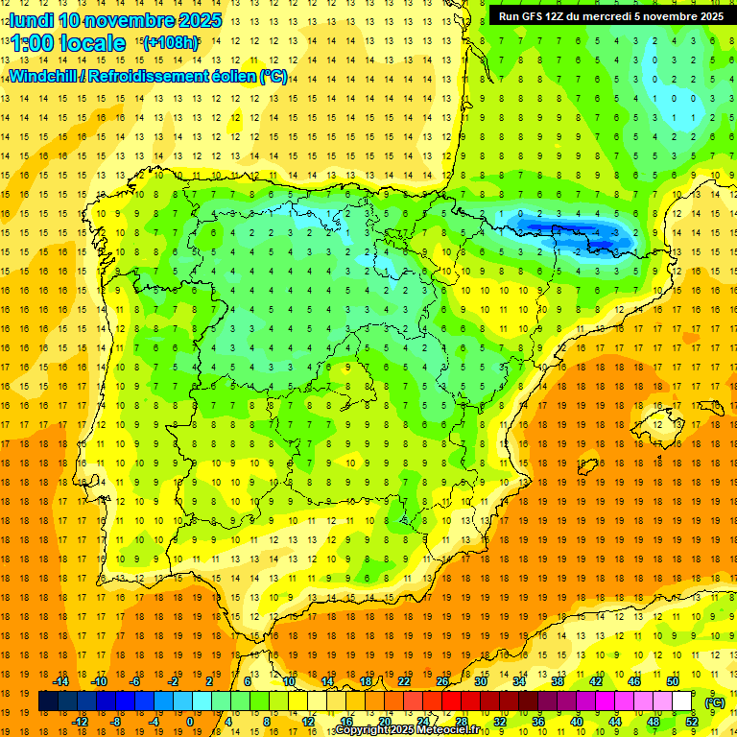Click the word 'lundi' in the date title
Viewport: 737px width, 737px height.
[x=31, y=20]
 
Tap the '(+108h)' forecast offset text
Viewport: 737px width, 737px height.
[x=170, y=42]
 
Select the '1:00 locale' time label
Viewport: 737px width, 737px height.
[x=68, y=43]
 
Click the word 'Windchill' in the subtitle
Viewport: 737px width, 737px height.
[x=42, y=76]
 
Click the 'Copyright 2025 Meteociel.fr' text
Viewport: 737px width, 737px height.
[x=407, y=730]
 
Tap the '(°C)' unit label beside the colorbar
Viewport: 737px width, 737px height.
[x=714, y=702]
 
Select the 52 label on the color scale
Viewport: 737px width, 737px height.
[x=692, y=722]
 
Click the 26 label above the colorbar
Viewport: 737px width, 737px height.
[x=442, y=681]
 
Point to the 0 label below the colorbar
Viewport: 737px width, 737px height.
[x=189, y=722]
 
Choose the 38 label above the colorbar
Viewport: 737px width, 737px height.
[x=558, y=681]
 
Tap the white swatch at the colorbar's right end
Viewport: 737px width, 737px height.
[x=682, y=701]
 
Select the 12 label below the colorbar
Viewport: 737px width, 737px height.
[x=307, y=722]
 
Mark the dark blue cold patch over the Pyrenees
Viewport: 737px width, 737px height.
[x=566, y=232]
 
